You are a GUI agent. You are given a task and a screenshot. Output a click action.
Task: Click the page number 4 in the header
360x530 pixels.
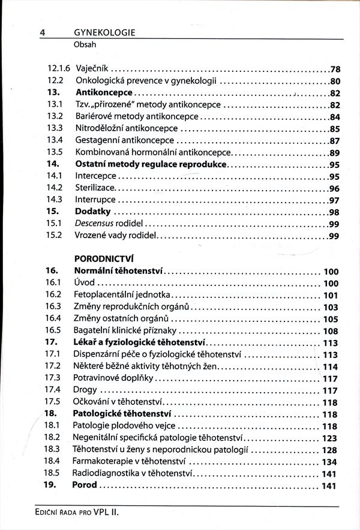[x=43, y=33]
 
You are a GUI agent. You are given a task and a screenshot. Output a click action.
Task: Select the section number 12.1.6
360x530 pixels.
[x=58, y=70]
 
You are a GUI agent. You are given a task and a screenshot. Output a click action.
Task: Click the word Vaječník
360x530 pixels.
[x=92, y=70]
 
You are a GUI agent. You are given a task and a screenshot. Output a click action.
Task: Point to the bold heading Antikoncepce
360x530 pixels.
[x=103, y=93]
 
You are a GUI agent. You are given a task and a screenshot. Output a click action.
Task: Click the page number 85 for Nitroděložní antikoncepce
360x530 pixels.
[x=335, y=128]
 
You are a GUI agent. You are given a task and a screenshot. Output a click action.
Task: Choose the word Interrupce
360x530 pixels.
[x=95, y=200]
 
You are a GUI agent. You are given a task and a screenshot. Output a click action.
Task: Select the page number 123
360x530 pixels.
[x=330, y=438]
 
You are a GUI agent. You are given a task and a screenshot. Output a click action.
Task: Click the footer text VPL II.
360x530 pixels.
[x=112, y=514]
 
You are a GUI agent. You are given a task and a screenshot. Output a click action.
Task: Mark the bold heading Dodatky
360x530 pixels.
[x=93, y=212]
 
